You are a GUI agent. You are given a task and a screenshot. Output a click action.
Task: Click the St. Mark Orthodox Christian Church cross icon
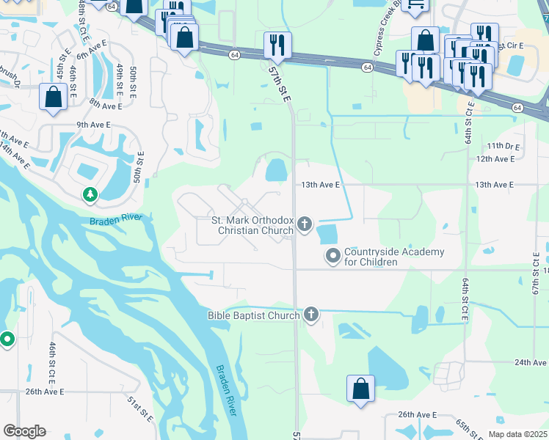305,224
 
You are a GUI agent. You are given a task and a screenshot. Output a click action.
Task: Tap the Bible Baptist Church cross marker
311,315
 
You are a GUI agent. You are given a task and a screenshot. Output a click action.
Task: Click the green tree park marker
90,194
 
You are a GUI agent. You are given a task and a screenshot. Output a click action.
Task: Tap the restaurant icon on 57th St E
277,45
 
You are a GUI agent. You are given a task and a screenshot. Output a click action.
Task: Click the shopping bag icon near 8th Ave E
54,98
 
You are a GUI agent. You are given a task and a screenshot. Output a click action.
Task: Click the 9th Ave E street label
93,125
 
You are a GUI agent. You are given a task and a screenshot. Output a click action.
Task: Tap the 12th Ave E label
495,158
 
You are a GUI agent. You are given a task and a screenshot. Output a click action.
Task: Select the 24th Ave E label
531,362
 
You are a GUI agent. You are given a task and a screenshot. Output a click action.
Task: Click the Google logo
24,431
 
